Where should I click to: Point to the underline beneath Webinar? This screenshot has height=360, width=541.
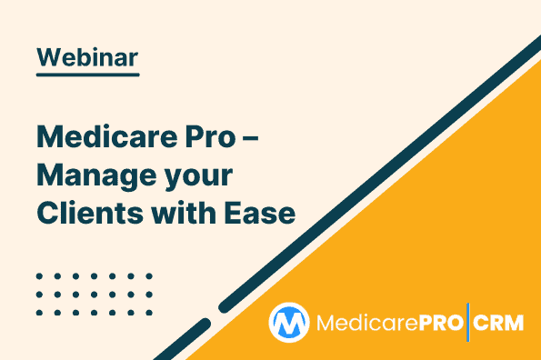point(87,75)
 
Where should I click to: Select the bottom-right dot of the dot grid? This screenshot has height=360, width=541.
point(148,311)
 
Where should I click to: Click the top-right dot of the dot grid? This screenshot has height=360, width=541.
point(148,275)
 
